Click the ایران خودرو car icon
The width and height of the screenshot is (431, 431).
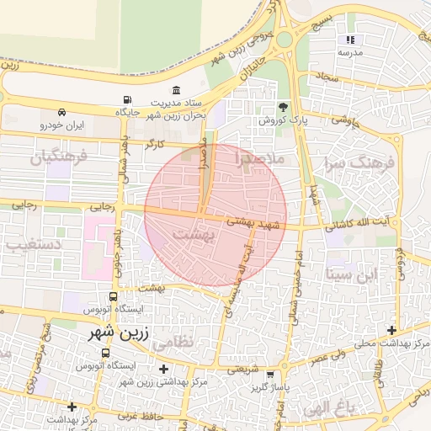[x=62, y=112]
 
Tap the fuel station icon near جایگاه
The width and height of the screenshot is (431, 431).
[x=126, y=98]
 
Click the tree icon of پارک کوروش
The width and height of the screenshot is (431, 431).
[x=283, y=107]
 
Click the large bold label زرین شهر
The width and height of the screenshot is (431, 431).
[x=120, y=333]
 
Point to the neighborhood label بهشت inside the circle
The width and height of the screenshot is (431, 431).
[x=193, y=237]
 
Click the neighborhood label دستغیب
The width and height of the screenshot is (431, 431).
[x=29, y=246]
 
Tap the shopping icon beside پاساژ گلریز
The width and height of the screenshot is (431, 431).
[x=269, y=375]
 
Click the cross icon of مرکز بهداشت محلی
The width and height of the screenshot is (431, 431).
[x=391, y=331]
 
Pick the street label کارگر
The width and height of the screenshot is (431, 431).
[x=153, y=145]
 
